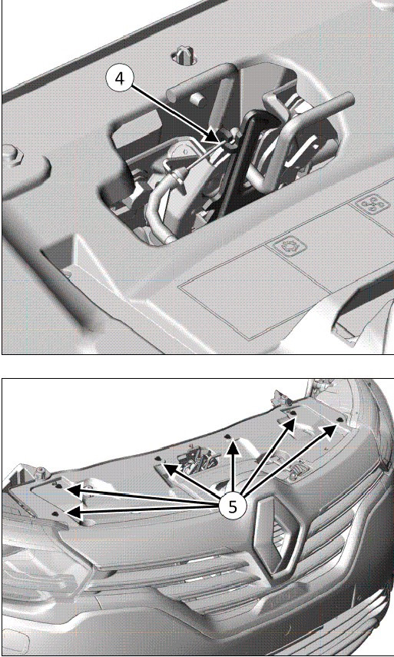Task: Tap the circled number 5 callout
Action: [233, 507]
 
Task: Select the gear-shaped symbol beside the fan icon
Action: [290, 245]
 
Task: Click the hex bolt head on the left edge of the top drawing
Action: [12, 154]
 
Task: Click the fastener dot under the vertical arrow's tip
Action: [227, 436]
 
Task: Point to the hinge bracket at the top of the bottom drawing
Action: [279, 397]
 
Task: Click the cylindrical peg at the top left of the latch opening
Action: [197, 98]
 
